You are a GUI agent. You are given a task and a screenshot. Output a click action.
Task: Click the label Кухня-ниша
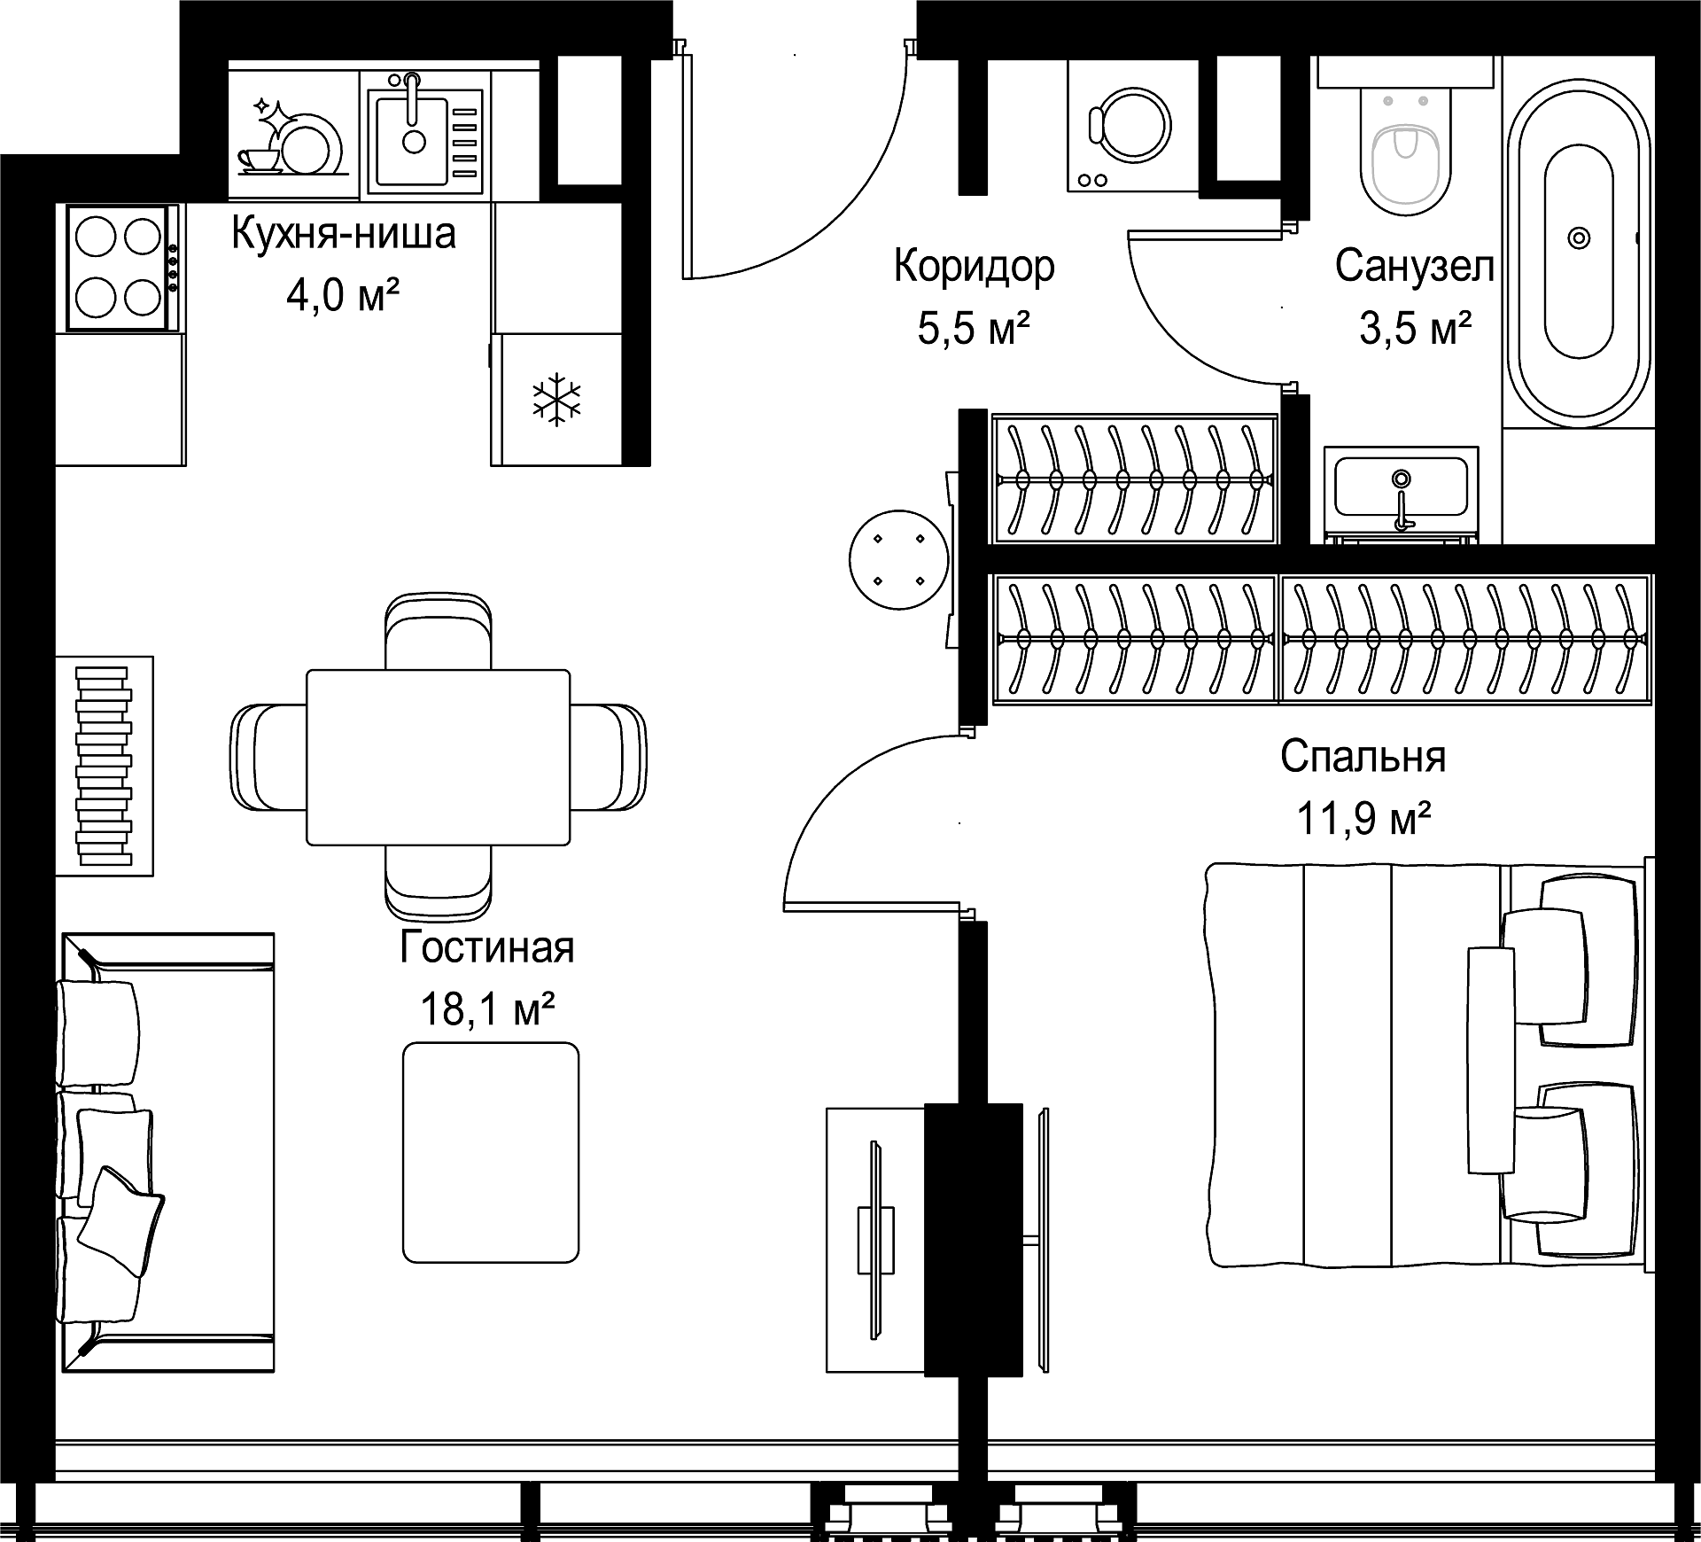pos(344,234)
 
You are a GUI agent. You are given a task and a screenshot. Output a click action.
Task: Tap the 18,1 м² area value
pos(487,1009)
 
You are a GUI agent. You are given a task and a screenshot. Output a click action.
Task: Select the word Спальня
pos(1363,758)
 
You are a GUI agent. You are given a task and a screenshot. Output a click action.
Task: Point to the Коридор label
pos(974,266)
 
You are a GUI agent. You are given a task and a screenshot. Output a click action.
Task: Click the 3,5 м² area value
pos(1416,329)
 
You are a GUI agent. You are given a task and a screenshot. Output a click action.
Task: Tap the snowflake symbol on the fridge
pos(556,399)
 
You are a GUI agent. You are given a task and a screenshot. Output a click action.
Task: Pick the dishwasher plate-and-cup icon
pos(291,136)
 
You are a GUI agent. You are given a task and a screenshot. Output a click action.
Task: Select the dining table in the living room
pos(439,757)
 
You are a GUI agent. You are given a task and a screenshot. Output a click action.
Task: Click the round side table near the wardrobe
pos(898,559)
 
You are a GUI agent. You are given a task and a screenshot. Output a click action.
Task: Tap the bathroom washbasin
pos(1400,487)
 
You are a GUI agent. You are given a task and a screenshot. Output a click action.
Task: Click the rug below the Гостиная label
pos(491,1152)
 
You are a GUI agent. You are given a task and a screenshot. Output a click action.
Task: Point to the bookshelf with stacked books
pos(105,766)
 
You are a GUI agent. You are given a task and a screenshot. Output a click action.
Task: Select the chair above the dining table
pos(439,631)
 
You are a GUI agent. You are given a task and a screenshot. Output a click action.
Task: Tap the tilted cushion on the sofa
pos(121,1221)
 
